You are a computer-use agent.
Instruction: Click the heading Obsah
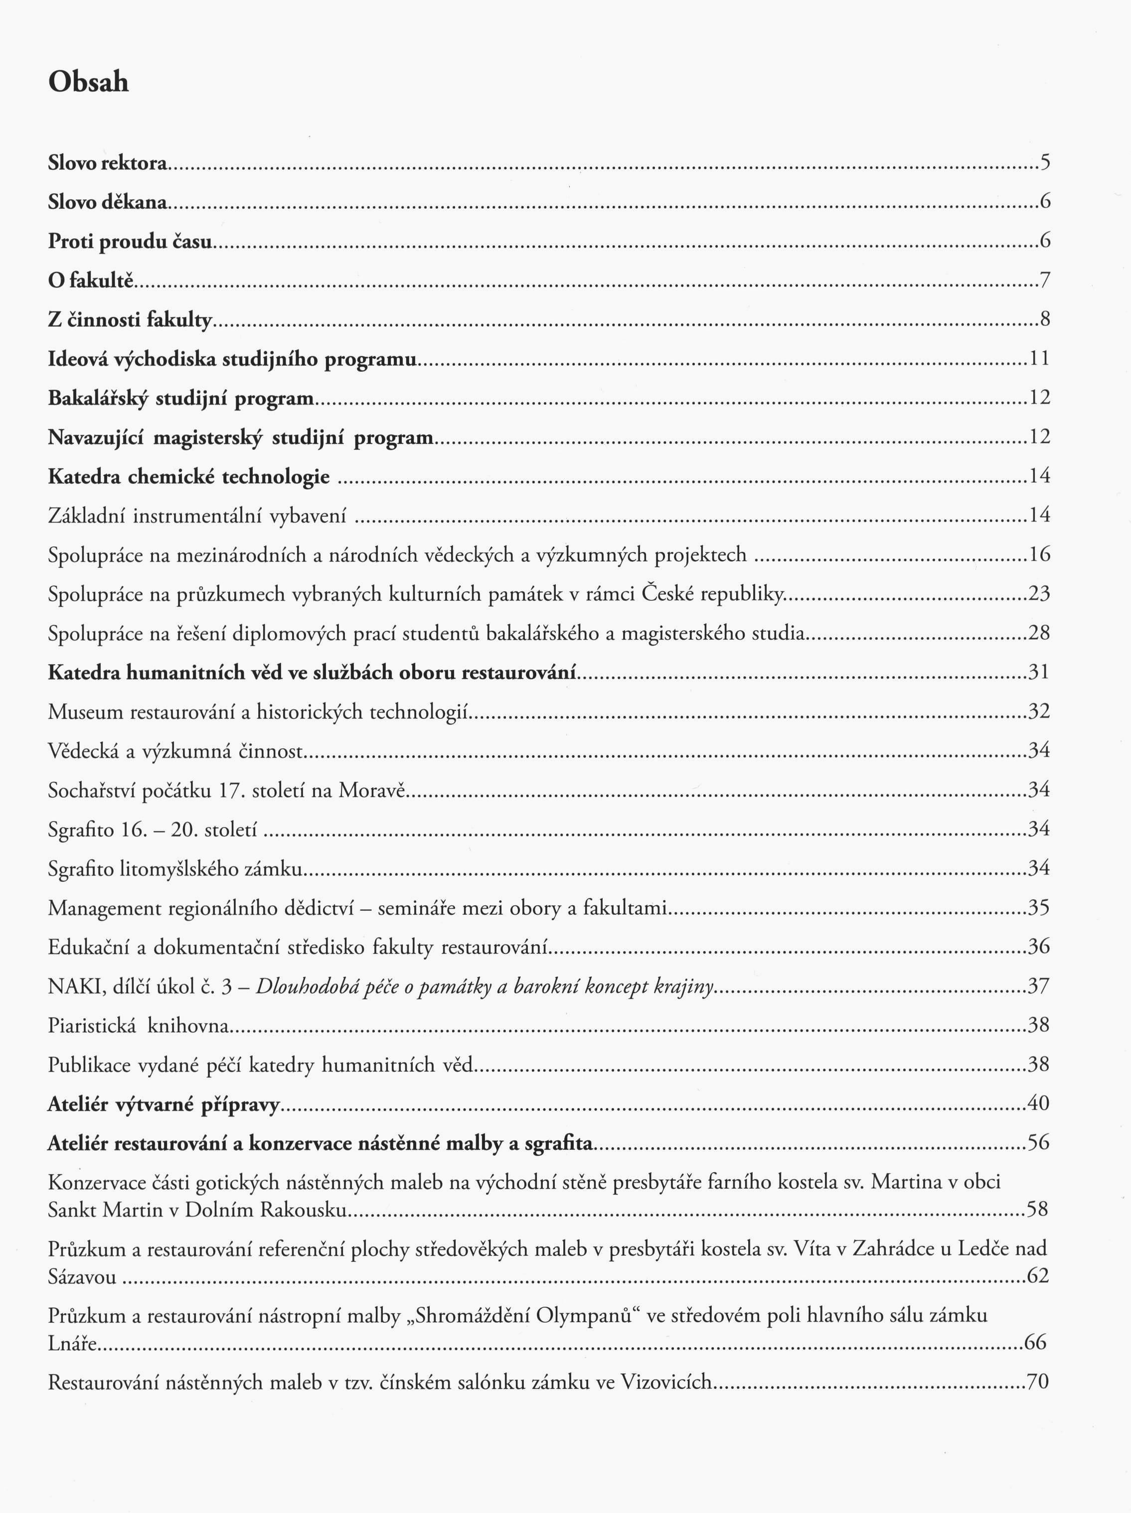pos(88,82)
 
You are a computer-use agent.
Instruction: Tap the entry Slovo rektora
pos(108,163)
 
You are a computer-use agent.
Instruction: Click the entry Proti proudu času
pos(129,242)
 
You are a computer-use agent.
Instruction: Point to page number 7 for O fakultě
pos(1045,280)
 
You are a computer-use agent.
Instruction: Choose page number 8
pos(1045,319)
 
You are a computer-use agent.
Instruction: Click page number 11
pos(1040,358)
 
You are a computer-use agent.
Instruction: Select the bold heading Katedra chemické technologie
pos(189,477)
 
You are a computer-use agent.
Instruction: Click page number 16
pos(1039,554)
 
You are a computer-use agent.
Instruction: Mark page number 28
pos(1039,633)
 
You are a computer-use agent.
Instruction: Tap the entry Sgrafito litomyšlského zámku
pos(175,869)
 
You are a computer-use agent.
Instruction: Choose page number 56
pos(1039,1142)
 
